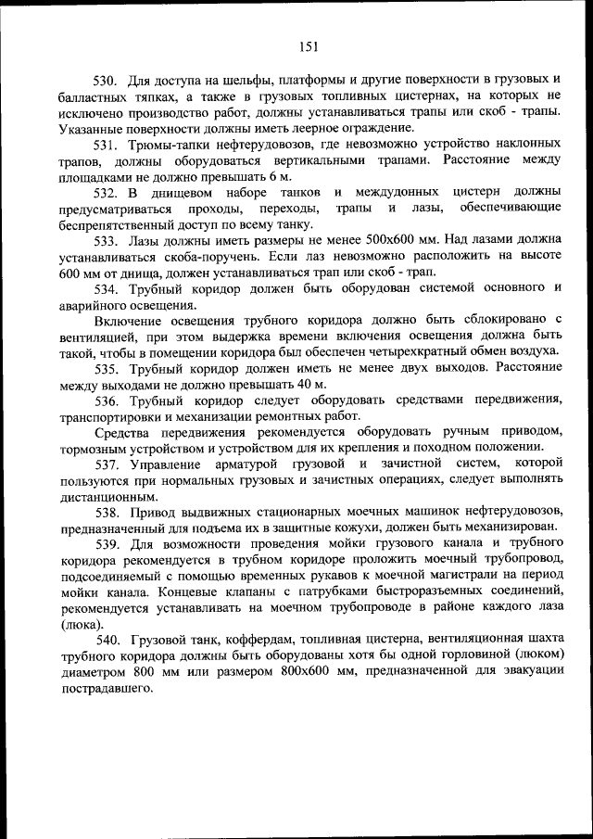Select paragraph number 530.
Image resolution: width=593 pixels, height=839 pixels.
(107, 79)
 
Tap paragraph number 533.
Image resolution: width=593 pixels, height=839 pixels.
(107, 239)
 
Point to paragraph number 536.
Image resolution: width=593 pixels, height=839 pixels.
(107, 400)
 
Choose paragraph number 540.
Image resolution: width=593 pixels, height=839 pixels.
(107, 641)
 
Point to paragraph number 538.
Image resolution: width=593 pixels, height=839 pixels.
(107, 513)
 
